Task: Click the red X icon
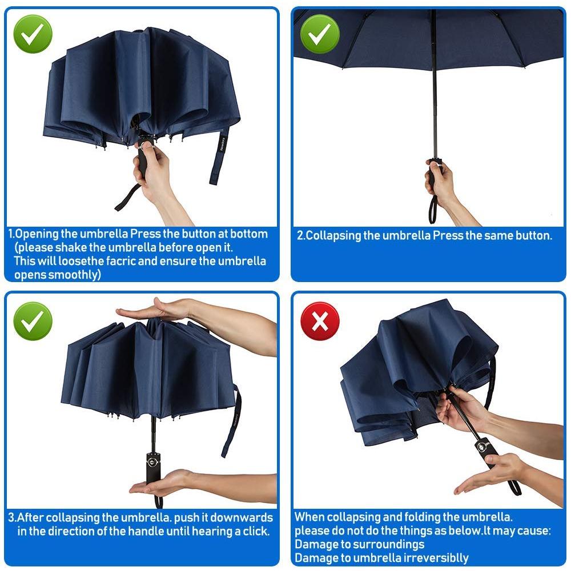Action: (x=320, y=321)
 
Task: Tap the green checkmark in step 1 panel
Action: (x=33, y=34)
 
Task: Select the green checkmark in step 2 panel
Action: (x=320, y=34)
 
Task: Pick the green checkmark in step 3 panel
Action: (x=33, y=321)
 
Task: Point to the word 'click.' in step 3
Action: (x=256, y=531)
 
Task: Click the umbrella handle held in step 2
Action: (x=434, y=171)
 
